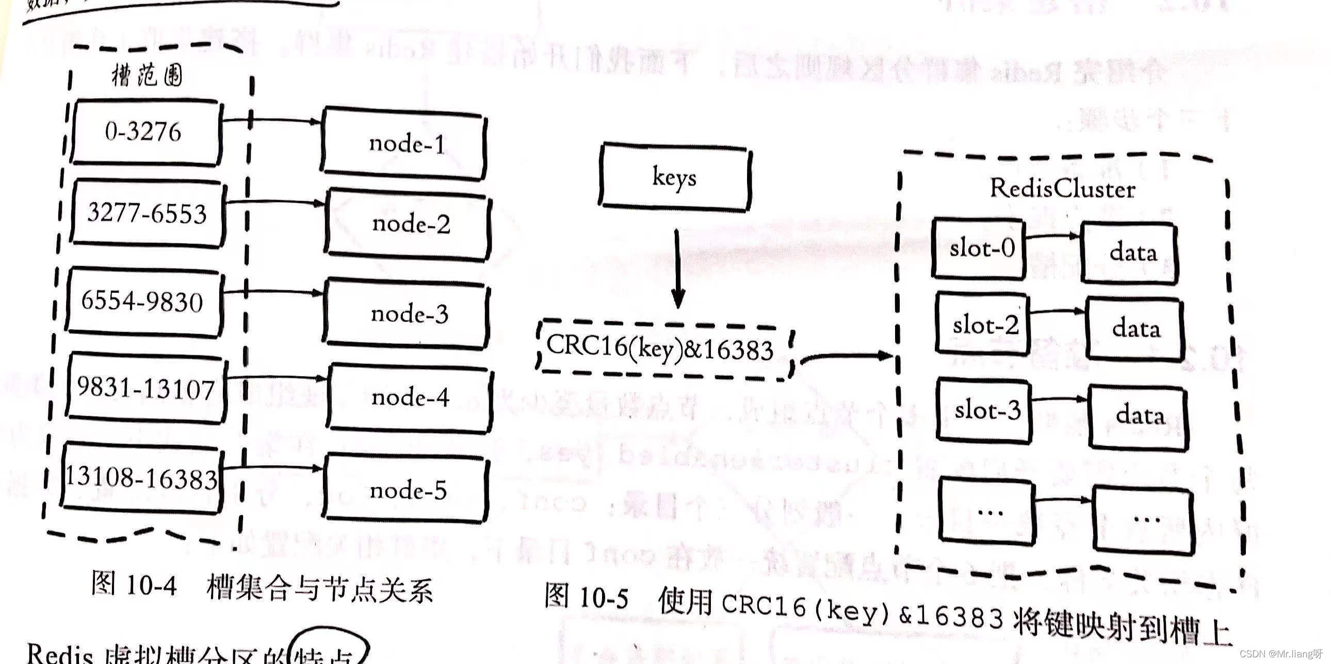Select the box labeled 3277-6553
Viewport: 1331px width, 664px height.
[148, 213]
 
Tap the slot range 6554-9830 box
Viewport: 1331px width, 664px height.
[143, 301]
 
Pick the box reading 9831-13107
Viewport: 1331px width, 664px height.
[146, 388]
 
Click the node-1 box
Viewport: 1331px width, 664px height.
[403, 143]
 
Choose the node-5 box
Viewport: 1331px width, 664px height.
[406, 489]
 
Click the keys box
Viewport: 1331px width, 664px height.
[674, 177]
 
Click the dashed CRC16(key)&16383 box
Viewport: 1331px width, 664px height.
[663, 350]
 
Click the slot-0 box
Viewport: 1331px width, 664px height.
[979, 249]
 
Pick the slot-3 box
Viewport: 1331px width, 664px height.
[984, 410]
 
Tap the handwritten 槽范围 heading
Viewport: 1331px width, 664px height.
[147, 76]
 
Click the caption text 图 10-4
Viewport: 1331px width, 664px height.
[134, 585]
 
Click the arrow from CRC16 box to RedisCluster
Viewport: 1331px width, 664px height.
[848, 356]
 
